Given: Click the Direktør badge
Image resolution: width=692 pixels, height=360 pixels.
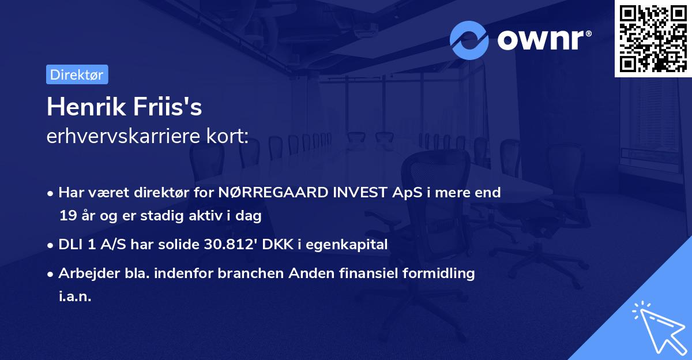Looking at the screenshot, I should (x=77, y=74).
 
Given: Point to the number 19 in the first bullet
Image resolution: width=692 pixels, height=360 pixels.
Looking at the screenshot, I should (x=67, y=216).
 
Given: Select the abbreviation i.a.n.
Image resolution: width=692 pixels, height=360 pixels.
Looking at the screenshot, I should (x=75, y=297).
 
